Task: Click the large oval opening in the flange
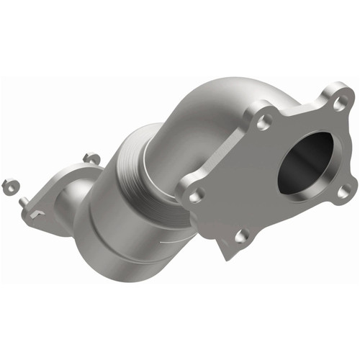pyautogui.click(x=305, y=160)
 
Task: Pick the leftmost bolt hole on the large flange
pyautogui.click(x=197, y=192)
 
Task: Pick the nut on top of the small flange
pyautogui.click(x=90, y=157)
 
